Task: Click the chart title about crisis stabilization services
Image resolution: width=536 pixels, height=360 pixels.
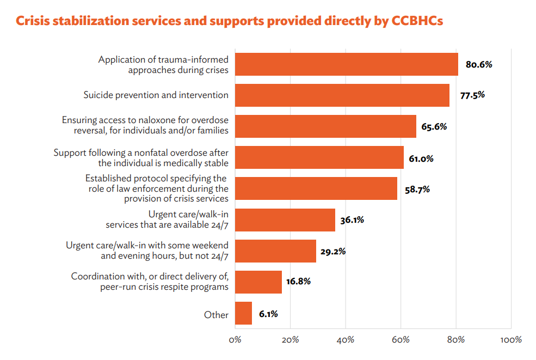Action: tap(229, 21)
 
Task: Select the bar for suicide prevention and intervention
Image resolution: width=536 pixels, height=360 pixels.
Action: tap(342, 95)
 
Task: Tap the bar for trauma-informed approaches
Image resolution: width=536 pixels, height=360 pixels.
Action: tap(347, 64)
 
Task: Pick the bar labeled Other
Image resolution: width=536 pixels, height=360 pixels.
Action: tap(243, 314)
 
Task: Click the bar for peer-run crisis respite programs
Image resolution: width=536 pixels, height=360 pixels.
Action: tap(258, 282)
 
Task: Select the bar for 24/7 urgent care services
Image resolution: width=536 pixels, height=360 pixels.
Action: tap(285, 220)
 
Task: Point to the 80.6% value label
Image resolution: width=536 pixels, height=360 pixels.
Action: tap(479, 64)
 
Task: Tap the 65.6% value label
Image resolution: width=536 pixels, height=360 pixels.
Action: tap(434, 127)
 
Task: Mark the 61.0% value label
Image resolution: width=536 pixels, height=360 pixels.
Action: tap(421, 158)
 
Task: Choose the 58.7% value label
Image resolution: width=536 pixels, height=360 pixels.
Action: tap(417, 190)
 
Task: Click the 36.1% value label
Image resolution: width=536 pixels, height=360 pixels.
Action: tap(353, 221)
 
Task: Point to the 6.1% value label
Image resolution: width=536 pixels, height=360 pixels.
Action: tap(268, 314)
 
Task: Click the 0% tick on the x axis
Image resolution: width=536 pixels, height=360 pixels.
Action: tap(235, 340)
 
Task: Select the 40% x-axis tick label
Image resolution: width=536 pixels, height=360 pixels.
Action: tap(346, 340)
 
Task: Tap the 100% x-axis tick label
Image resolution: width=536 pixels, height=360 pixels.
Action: tap(510, 340)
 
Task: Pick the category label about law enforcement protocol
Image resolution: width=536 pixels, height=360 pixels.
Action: tap(157, 188)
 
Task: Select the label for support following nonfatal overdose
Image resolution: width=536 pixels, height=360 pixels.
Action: tap(141, 157)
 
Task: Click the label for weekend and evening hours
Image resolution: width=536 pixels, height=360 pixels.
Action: tap(147, 251)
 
